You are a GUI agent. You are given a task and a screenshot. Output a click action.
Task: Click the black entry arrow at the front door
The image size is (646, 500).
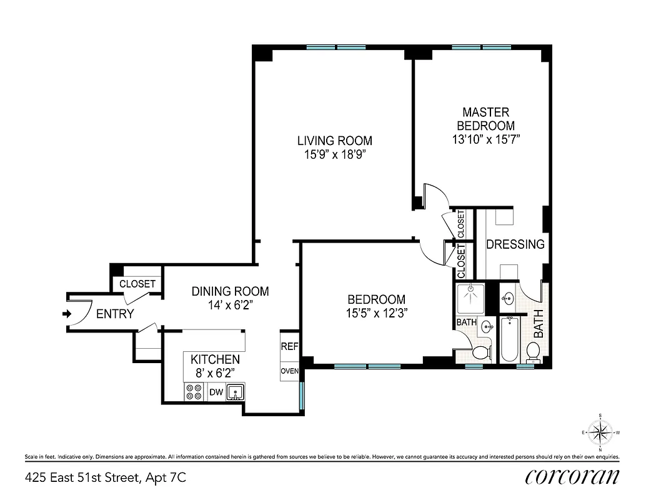(67, 314)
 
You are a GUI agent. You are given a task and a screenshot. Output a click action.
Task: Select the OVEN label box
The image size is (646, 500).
(289, 371)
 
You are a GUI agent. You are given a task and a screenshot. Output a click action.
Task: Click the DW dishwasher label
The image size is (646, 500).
(216, 392)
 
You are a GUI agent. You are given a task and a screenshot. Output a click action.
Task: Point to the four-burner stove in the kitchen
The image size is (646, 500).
(194, 392)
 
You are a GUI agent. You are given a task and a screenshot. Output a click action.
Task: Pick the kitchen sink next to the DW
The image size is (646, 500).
(236, 392)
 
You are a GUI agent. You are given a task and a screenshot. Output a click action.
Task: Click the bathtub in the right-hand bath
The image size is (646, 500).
(510, 339)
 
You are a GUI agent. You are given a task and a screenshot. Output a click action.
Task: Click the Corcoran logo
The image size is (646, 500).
(573, 477)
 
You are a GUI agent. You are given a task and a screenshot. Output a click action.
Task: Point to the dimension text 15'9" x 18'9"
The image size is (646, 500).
(334, 154)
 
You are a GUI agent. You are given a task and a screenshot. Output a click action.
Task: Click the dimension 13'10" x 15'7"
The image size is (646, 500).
(485, 139)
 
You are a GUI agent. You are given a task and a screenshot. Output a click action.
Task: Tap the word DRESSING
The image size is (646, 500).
(515, 244)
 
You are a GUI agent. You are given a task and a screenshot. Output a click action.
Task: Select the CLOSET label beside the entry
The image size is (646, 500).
(137, 284)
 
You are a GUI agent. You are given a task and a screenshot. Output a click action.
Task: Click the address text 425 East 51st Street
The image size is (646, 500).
(105, 478)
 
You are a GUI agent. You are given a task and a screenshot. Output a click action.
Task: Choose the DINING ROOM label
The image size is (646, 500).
(230, 291)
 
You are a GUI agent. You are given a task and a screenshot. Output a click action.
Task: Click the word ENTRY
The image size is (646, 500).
(115, 314)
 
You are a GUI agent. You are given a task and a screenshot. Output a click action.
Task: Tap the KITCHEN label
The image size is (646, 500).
(215, 360)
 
